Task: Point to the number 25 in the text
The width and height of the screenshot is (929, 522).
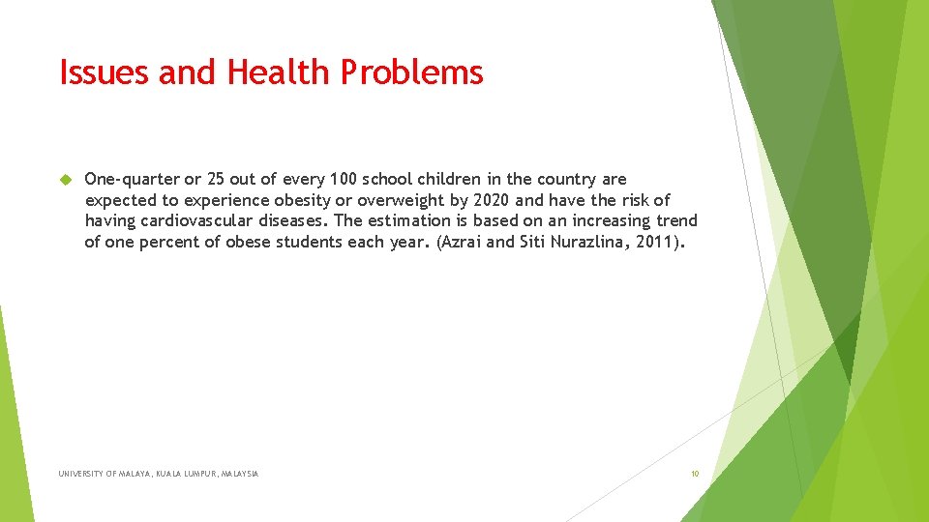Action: coord(216,179)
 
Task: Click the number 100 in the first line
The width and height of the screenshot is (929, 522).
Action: coord(343,179)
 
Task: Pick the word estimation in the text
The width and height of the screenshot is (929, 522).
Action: coord(412,221)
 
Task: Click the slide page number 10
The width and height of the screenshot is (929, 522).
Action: coord(694,474)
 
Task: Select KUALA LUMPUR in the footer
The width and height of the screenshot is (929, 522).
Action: coord(190,474)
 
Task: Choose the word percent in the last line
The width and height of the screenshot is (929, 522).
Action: coord(170,243)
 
